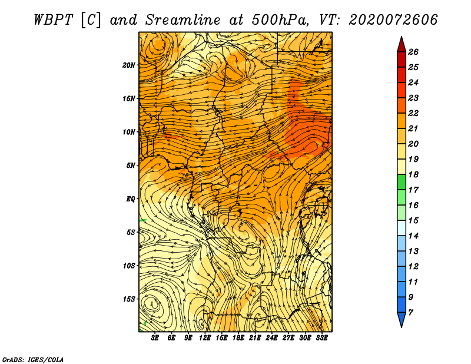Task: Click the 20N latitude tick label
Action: point(129,65)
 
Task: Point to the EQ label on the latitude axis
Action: point(130,199)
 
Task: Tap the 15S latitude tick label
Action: point(129,299)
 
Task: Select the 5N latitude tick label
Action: point(131,166)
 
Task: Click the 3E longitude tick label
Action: point(155,338)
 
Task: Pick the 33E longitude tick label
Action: point(321,338)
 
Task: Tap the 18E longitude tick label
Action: point(238,338)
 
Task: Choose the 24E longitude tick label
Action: point(271,338)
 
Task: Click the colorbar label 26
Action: point(413,52)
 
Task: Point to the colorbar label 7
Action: point(411,313)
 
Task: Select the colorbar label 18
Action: point(413,174)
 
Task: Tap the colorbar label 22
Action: point(413,113)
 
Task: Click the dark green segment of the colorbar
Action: point(402,182)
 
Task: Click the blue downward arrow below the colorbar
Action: point(402,319)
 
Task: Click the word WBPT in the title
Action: point(53,20)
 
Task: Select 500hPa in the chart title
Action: point(280,20)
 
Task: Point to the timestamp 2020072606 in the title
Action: point(393,20)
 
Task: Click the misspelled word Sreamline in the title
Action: point(183,20)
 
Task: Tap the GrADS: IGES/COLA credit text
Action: point(33,360)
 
